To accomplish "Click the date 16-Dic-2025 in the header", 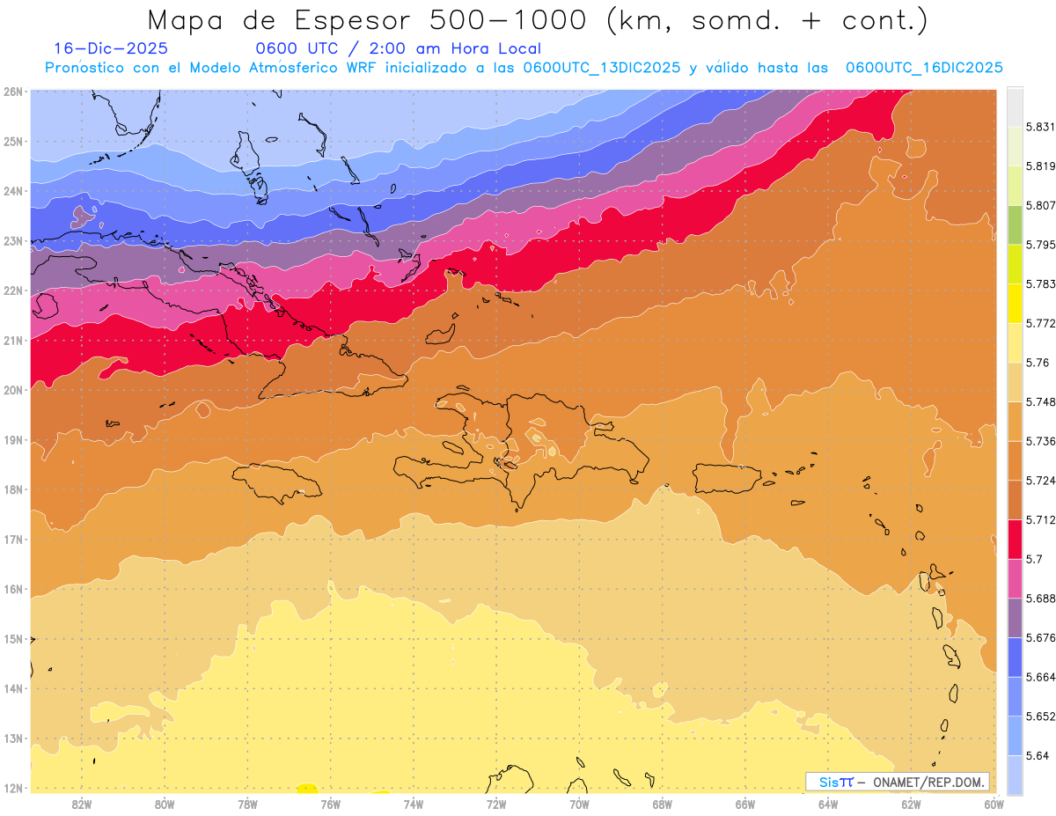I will pos(110,49).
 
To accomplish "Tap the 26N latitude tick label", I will pos(14,92).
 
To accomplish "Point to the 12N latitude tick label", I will pos(14,788).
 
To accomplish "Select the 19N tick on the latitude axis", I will pos(14,439).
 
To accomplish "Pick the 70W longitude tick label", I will pos(579,804).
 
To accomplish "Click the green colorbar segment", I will pos(1015,224).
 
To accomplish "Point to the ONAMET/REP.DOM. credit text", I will pos(929,783).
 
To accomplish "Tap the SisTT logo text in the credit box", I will pos(835,783).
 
